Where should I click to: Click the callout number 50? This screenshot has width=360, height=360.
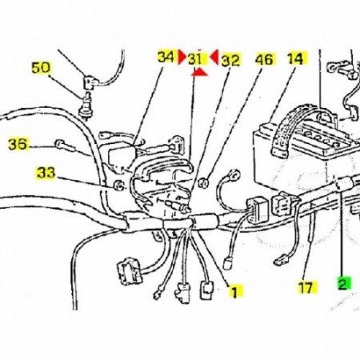point(41,68)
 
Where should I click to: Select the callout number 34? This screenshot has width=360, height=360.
point(166,57)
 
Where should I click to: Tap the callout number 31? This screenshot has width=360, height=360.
point(196,59)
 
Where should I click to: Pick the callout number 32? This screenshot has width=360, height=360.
point(230,61)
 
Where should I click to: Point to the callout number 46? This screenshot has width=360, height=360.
point(264,59)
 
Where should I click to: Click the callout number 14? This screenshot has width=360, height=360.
point(296,58)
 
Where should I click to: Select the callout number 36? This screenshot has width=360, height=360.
point(18,144)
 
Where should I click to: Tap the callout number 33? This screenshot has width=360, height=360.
point(46,173)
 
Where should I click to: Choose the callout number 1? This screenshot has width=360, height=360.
point(234,291)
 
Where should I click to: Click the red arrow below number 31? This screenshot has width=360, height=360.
point(199,72)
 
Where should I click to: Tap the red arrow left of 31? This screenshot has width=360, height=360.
point(182,57)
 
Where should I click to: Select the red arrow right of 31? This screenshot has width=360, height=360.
point(214,57)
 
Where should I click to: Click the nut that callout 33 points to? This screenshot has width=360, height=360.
point(118,185)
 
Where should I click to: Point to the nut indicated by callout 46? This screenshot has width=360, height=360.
point(203,182)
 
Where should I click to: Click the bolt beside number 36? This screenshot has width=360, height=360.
point(65,146)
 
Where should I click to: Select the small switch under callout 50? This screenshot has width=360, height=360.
point(86,106)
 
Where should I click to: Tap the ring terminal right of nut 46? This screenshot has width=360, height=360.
point(234,174)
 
